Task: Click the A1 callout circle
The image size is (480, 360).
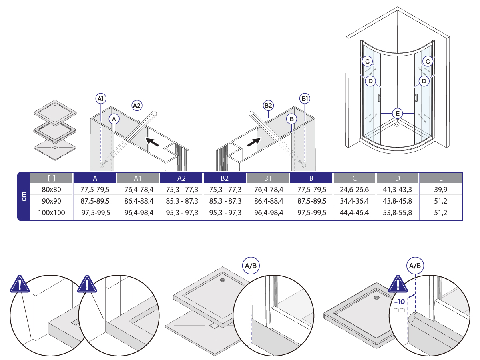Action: (x=101, y=98)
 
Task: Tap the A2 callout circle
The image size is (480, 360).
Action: (x=137, y=105)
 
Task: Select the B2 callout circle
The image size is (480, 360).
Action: (x=268, y=105)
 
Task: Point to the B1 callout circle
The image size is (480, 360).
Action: (x=305, y=98)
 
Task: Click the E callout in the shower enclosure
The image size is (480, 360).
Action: (x=397, y=113)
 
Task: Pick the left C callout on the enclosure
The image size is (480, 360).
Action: (x=367, y=62)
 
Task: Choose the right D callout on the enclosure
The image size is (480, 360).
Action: (x=424, y=81)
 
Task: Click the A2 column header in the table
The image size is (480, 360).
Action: (x=181, y=178)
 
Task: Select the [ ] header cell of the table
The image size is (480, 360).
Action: (x=51, y=178)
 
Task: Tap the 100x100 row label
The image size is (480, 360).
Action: (x=51, y=213)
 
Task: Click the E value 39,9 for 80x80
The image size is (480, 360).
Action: (x=440, y=189)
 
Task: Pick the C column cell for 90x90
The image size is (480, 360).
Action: (x=354, y=201)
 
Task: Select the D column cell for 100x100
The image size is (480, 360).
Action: (x=397, y=213)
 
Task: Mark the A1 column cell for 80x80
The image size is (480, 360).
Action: (x=139, y=189)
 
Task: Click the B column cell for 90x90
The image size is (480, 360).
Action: (x=311, y=201)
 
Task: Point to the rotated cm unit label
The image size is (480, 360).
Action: (x=24, y=196)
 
